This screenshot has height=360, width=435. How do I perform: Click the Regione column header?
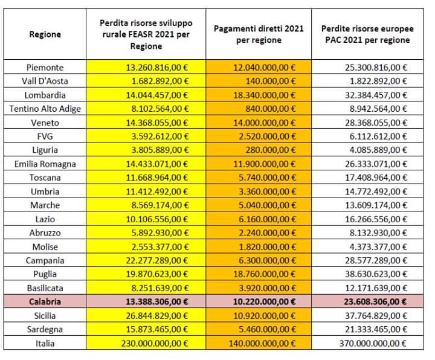pos(45,34)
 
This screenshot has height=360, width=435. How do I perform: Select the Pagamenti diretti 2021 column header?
pos(259,34)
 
